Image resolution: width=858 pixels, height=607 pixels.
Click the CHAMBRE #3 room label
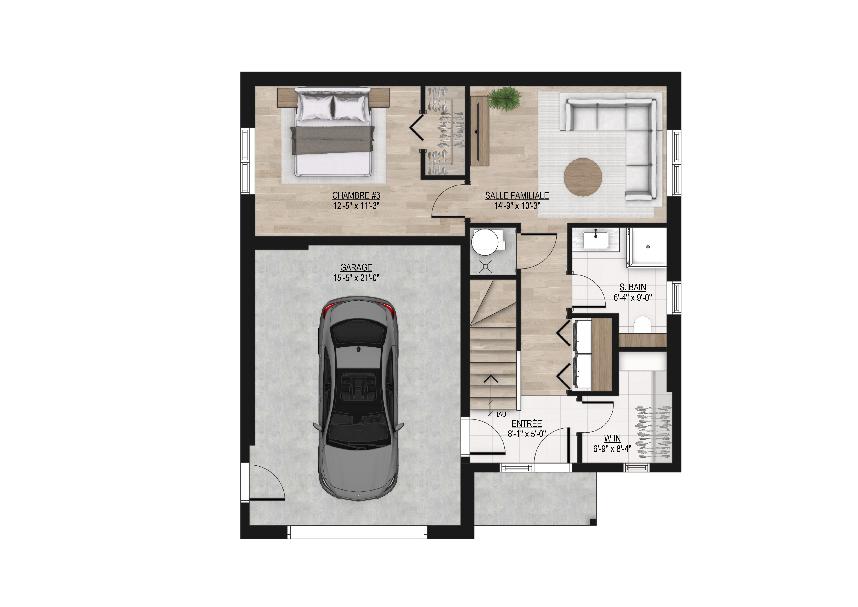pos(356,195)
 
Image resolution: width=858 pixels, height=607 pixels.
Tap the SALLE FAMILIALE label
pos(517,195)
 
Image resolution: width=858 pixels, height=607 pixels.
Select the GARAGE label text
pos(356,267)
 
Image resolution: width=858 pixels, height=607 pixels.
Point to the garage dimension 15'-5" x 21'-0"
pos(356,278)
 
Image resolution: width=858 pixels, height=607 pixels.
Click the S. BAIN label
pos(633,287)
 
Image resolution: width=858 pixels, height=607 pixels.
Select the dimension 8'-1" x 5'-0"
pos(527,434)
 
